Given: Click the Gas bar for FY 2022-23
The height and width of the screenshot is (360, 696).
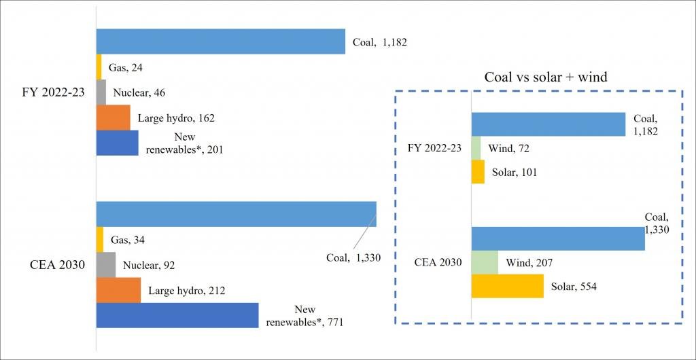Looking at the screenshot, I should click(x=99, y=67).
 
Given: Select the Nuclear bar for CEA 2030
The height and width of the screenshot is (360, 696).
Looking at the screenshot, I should click(x=106, y=265).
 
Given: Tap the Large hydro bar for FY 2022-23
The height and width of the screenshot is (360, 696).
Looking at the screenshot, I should click(x=113, y=118).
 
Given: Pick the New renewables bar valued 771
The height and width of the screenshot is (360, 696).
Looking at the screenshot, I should click(x=177, y=315).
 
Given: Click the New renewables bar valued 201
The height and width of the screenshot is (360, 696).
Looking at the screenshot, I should click(x=118, y=143).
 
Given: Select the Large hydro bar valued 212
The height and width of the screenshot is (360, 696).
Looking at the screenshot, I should click(x=118, y=290).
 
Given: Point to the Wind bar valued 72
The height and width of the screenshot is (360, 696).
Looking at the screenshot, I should click(x=476, y=148).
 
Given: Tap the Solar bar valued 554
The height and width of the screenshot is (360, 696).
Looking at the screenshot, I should click(x=507, y=286).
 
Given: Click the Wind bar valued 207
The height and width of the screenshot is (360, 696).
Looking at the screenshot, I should click(x=485, y=262).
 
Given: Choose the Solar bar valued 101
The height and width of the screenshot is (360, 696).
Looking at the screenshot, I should click(x=478, y=172).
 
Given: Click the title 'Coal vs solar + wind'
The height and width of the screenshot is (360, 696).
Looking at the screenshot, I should click(x=545, y=77).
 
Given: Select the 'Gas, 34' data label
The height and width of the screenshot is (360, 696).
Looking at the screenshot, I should click(x=127, y=240).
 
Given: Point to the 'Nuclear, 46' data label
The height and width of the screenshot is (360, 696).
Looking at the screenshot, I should click(x=139, y=92).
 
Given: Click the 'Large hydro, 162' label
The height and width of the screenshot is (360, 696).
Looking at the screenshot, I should click(x=176, y=118).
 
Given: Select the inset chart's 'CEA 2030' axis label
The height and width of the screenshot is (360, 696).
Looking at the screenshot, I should click(x=438, y=262).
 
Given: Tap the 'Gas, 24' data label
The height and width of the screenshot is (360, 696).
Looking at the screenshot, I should click(x=126, y=67).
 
